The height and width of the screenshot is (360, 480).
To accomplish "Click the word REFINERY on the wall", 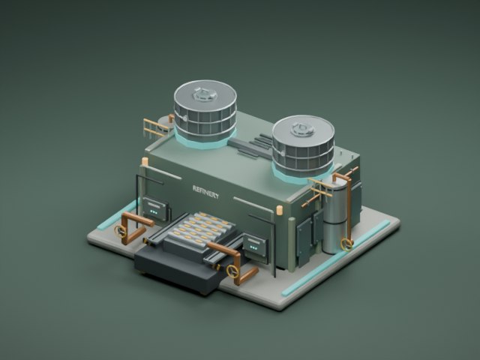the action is pyautogui.click(x=205, y=191).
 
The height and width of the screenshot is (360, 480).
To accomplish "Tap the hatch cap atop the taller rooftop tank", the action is pyautogui.click(x=205, y=94).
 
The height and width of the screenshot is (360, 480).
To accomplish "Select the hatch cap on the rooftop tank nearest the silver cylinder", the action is pyautogui.click(x=303, y=129).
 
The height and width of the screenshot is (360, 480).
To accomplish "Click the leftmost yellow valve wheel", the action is pyautogui.click(x=120, y=231).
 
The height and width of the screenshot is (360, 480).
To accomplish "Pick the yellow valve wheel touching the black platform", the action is pyautogui.click(x=232, y=271).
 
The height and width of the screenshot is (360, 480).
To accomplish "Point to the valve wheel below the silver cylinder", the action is pyautogui.click(x=346, y=244).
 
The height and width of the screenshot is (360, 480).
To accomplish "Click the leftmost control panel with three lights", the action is pyautogui.click(x=155, y=208).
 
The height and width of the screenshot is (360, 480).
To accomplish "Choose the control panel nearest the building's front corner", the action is pyautogui.click(x=255, y=244).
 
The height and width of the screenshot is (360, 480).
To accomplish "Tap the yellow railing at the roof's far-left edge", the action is pyautogui.click(x=155, y=128).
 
